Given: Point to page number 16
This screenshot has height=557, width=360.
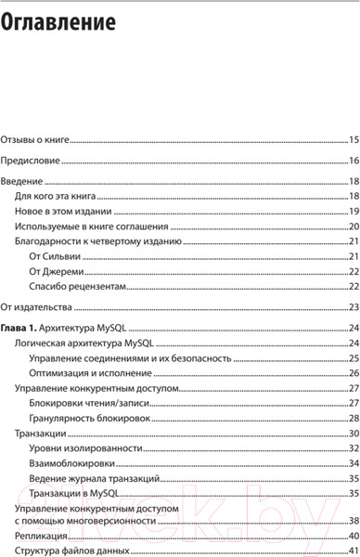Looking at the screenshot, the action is pyautogui.click(x=354, y=161).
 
